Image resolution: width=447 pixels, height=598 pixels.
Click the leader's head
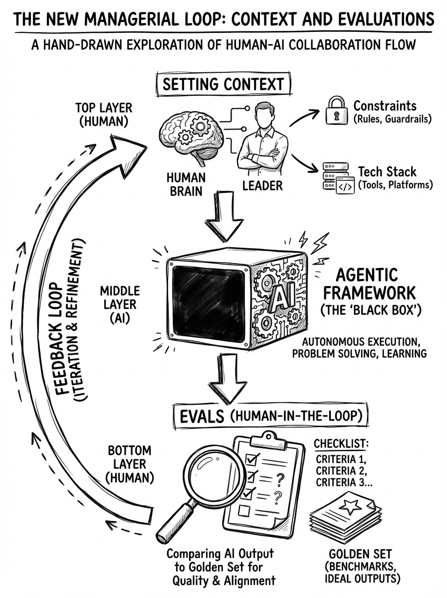coord(259,112)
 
